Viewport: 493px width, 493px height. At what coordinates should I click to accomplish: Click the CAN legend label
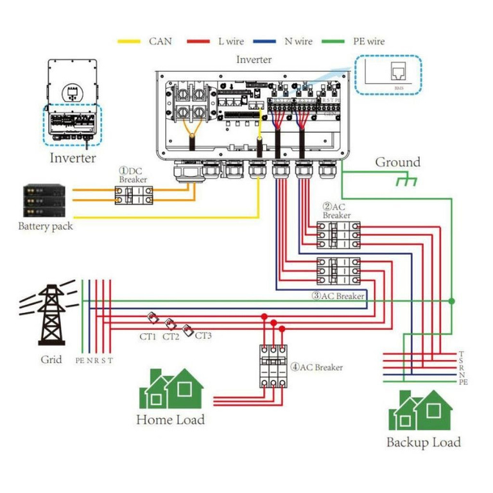[160, 41]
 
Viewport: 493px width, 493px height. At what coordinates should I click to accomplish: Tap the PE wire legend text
[368, 41]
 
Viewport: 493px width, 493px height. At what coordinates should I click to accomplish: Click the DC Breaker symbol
[134, 195]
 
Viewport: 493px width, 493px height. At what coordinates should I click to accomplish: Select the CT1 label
[148, 336]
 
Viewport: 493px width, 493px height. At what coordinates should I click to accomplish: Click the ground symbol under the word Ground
[406, 181]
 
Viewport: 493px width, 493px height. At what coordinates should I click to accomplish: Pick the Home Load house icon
[171, 389]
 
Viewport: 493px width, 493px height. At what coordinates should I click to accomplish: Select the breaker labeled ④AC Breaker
[272, 365]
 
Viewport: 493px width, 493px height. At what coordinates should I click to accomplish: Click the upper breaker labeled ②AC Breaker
[338, 235]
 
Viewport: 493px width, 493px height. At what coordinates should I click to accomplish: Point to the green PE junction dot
[452, 300]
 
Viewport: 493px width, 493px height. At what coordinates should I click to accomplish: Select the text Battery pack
[45, 226]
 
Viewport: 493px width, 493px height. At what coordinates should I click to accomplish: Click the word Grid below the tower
[51, 359]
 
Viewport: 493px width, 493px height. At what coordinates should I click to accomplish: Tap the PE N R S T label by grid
[94, 360]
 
